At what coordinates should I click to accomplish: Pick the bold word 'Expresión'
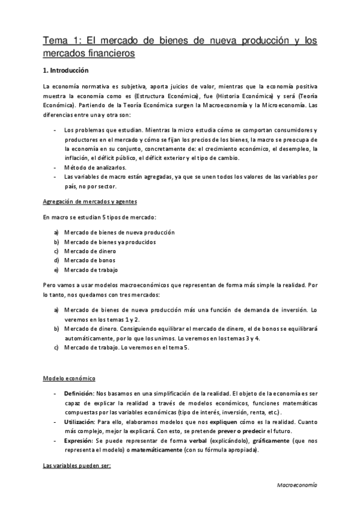[x=78, y=441]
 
